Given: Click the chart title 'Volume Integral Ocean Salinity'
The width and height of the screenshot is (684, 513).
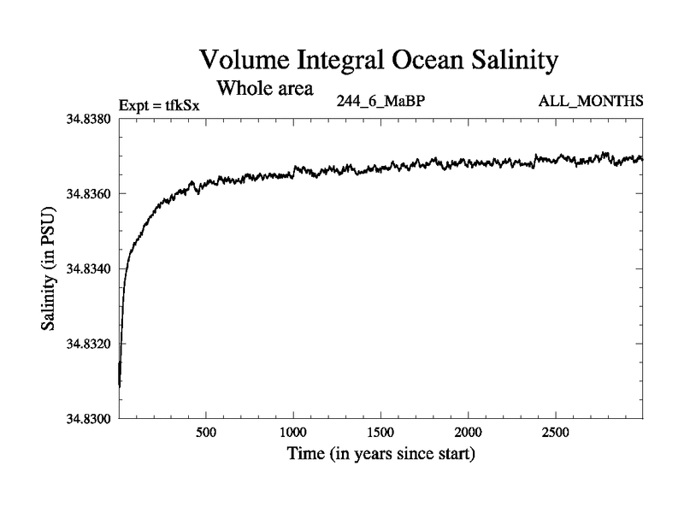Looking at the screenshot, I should click(x=379, y=61).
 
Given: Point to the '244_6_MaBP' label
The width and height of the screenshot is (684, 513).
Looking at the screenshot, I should click(x=382, y=102).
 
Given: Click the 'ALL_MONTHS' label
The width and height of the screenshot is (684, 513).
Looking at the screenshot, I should click(x=590, y=102).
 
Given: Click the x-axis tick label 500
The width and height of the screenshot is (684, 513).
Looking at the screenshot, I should click(x=206, y=432).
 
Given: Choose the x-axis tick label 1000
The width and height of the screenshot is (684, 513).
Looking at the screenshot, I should click(x=293, y=432).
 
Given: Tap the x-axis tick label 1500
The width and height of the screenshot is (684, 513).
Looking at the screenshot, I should click(x=380, y=432).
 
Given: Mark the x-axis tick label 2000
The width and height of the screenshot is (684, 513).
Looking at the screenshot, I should click(x=469, y=432).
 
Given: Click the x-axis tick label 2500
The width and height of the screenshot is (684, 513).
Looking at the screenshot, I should click(x=556, y=432).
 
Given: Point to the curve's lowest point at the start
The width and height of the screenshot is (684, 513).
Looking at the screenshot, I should click(x=120, y=386).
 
